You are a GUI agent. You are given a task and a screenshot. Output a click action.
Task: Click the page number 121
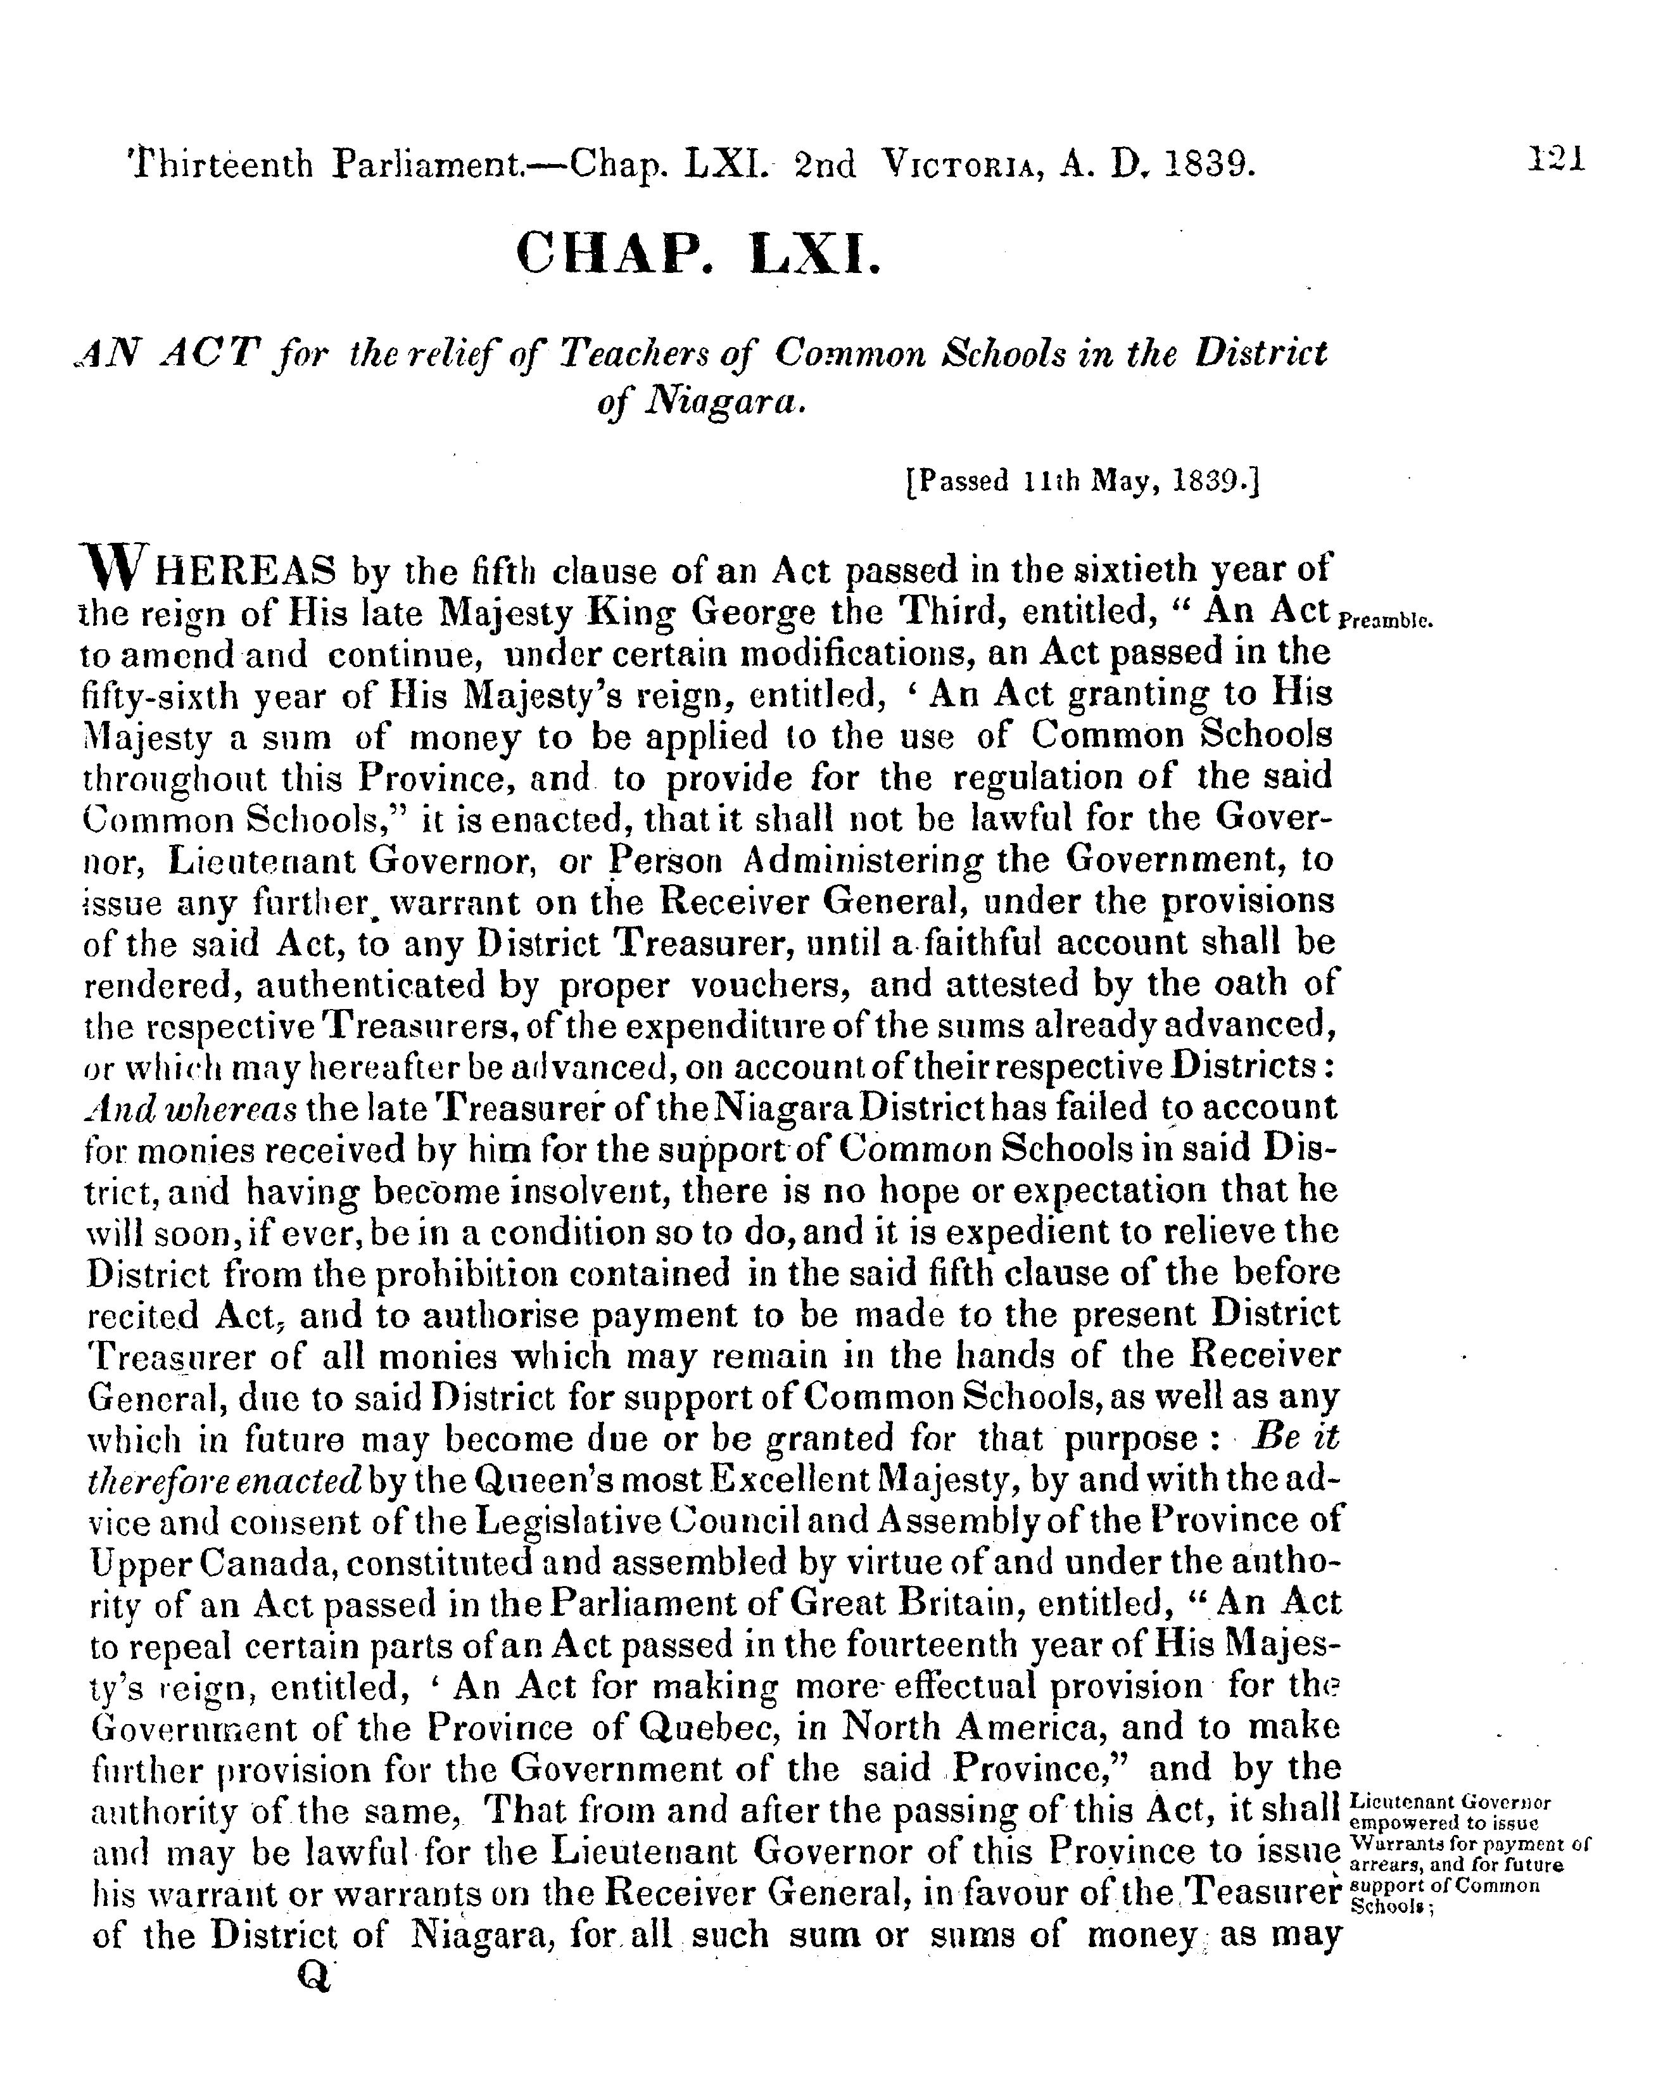(x=1557, y=160)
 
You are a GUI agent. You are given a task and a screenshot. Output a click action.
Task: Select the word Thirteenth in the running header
(x=220, y=165)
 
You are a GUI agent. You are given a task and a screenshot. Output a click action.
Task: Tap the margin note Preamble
(x=1387, y=622)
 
